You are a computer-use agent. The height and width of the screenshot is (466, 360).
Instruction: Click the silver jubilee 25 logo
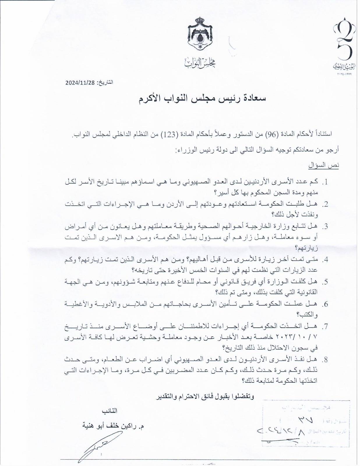click(x=346, y=44)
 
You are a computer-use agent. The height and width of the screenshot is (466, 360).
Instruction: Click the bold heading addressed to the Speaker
click(x=202, y=98)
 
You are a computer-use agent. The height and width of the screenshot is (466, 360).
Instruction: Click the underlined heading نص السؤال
click(x=324, y=166)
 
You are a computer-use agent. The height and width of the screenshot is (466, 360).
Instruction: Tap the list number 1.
click(x=326, y=183)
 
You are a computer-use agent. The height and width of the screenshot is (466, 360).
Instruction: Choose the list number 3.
click(x=326, y=227)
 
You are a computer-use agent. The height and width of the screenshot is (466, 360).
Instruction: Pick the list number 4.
click(x=326, y=260)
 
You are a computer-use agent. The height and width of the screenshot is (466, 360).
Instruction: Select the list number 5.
click(x=326, y=282)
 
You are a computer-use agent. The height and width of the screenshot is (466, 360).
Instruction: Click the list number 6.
click(x=326, y=304)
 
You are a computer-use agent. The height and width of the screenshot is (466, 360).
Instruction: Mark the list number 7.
click(x=326, y=326)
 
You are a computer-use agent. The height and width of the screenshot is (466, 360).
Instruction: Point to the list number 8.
click(x=326, y=359)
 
